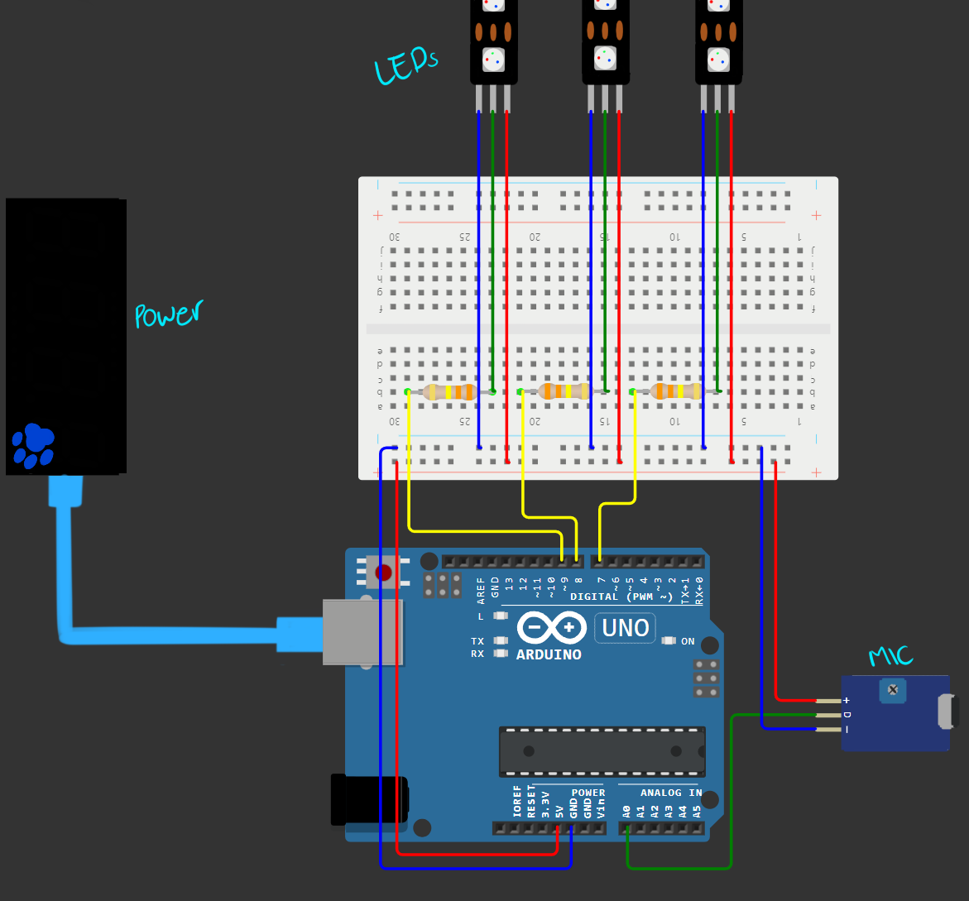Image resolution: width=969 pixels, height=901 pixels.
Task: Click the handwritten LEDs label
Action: point(405,66)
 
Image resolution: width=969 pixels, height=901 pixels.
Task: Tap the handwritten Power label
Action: point(169,314)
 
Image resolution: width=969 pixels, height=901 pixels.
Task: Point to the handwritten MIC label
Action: point(890,657)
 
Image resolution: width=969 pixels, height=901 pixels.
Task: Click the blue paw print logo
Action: point(33,447)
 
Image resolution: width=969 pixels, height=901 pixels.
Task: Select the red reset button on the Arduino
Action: point(383,573)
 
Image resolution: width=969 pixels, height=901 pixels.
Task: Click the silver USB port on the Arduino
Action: point(362,632)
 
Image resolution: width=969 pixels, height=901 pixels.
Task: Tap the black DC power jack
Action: point(368,800)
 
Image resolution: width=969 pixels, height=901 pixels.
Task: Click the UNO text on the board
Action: point(626,628)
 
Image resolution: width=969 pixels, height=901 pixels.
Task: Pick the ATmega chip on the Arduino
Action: point(602,751)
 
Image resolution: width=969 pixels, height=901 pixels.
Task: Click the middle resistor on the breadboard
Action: point(563,391)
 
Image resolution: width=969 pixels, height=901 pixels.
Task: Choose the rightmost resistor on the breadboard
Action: point(676,391)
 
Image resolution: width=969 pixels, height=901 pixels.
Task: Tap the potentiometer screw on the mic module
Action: point(891,690)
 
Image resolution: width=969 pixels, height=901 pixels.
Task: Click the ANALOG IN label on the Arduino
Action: point(670,793)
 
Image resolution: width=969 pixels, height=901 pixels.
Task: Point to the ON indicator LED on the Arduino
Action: point(669,641)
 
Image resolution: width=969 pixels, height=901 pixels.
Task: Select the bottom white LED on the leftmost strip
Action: point(493,60)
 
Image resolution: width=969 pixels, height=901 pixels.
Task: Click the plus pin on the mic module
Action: point(827,701)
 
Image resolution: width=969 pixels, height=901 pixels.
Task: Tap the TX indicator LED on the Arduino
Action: point(500,641)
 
